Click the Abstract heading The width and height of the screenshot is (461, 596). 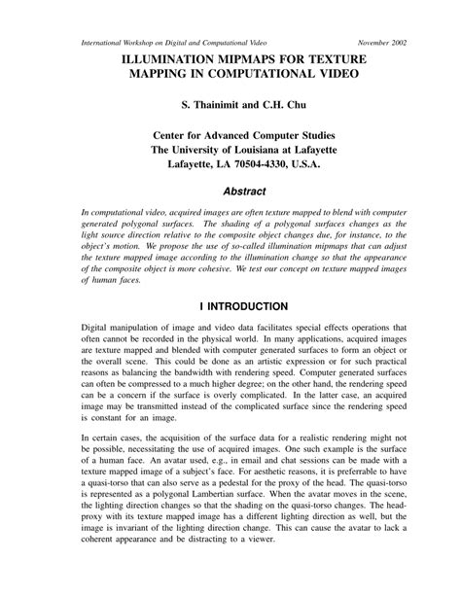(230, 193)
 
